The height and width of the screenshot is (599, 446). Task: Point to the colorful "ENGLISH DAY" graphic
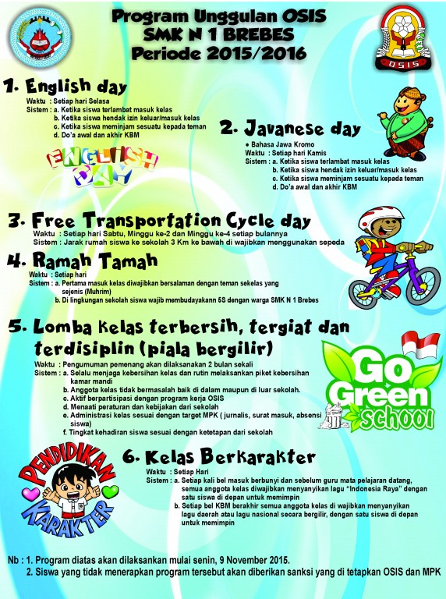point(102,164)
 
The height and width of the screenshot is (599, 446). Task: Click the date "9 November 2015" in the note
point(235,561)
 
